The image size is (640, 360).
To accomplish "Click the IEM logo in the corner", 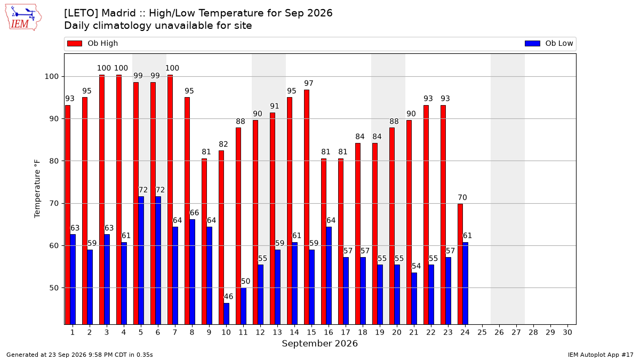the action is [23, 18].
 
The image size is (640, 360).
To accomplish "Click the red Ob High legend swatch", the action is [75, 43].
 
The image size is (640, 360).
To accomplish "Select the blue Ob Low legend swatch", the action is [532, 43].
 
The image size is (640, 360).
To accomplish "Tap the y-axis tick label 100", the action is [51, 77].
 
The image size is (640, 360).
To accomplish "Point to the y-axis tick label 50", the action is [54, 287].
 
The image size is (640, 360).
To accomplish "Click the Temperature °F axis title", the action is [37, 189].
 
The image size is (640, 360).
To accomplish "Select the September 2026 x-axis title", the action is [319, 343].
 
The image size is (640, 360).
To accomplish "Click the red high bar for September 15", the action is [307, 207].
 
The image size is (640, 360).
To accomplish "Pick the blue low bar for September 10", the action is [226, 314].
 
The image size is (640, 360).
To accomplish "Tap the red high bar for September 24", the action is [460, 264].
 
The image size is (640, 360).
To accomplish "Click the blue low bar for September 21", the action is [414, 299].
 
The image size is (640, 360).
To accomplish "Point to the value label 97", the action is [309, 83].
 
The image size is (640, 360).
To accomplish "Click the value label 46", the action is [229, 297].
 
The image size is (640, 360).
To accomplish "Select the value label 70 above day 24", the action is [462, 197].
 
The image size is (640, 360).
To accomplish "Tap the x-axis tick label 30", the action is [567, 332].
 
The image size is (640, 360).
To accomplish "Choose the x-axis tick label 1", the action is [73, 332].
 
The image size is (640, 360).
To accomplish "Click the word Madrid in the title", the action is [118, 13].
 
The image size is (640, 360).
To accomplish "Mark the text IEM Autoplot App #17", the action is [601, 355].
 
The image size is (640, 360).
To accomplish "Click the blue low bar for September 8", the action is [193, 271].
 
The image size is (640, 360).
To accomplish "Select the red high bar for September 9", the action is [204, 242].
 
